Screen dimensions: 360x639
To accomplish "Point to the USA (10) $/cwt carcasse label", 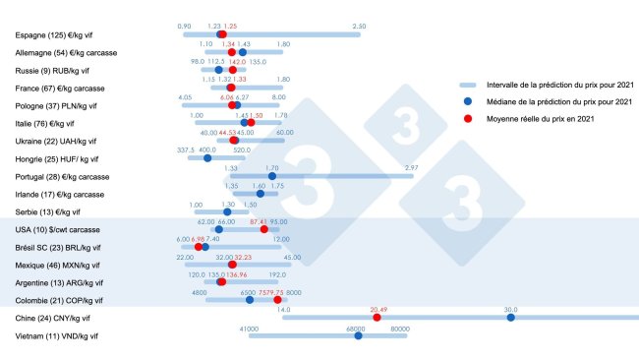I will (x=58, y=230).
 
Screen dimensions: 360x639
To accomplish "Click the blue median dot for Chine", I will (x=511, y=318).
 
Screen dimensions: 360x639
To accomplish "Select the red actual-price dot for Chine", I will (x=377, y=318).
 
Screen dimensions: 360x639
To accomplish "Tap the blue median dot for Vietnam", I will (x=358, y=336).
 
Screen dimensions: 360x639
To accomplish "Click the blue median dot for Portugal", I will (x=272, y=177).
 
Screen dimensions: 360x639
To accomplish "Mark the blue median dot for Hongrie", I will (x=207, y=158).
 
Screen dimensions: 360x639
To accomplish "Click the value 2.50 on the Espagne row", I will (x=359, y=27).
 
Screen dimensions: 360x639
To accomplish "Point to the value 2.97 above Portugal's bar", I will (x=412, y=168).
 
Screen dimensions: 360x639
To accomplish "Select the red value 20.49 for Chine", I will (x=379, y=309).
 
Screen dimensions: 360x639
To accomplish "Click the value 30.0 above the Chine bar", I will (x=511, y=309).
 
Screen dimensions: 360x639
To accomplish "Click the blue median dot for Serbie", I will (x=228, y=211).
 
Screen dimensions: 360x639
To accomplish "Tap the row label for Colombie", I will (x=58, y=300).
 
